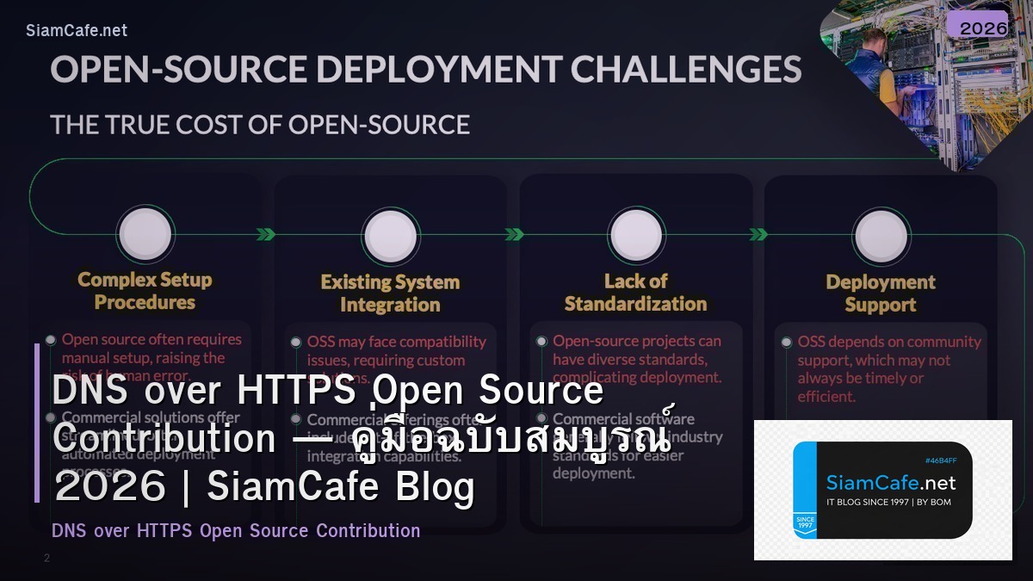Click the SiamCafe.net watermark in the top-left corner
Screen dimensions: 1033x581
click(77, 31)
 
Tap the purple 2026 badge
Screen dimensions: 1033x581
click(983, 28)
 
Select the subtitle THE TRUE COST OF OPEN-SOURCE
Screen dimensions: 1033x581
click(260, 125)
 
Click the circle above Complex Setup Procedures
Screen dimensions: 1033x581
click(145, 233)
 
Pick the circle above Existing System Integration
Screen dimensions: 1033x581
click(391, 235)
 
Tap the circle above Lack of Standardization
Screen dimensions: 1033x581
click(636, 234)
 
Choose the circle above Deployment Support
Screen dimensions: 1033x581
click(881, 235)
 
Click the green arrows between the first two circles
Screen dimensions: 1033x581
click(266, 234)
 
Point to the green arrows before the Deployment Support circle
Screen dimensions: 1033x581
click(758, 234)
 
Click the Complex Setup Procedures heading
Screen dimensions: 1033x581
click(145, 291)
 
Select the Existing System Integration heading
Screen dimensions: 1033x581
click(390, 294)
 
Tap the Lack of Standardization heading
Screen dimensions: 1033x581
click(635, 293)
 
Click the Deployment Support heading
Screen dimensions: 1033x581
click(880, 294)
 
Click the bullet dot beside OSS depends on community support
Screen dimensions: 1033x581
click(786, 343)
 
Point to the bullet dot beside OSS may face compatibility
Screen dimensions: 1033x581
click(296, 342)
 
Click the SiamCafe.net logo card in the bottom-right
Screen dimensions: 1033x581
click(882, 490)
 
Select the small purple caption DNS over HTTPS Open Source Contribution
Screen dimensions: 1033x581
click(236, 531)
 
